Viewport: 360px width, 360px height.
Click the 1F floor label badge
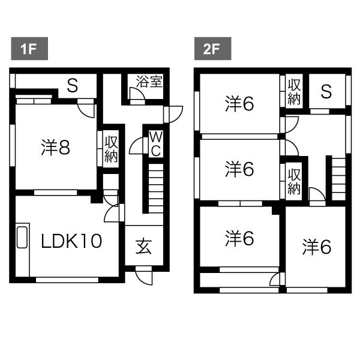coord(29,49)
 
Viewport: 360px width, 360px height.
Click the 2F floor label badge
coord(212,49)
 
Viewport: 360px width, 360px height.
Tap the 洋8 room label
coord(56,148)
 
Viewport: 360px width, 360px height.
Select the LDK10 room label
coord(71,241)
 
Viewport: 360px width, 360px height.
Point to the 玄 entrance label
coord(144,247)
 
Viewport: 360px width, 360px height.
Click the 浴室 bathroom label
coord(149,81)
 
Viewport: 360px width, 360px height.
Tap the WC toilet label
coord(156,144)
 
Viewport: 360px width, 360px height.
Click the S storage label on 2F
coord(326,91)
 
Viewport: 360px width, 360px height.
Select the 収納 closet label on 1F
coord(111,149)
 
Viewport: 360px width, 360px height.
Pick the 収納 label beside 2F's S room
coord(294,91)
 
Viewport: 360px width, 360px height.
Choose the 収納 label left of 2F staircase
coord(294,181)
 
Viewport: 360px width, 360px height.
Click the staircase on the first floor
coord(156,188)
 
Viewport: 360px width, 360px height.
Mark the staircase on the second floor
coord(338,179)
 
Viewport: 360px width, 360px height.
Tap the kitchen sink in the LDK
coord(22,238)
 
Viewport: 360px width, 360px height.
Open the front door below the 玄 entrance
coord(144,275)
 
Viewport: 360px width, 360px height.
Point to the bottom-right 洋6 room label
coord(317,247)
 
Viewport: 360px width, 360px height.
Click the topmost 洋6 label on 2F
coord(239,104)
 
